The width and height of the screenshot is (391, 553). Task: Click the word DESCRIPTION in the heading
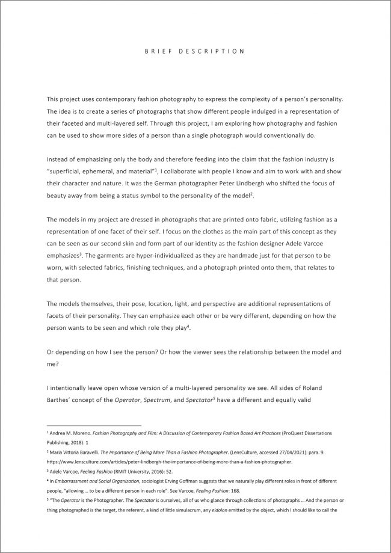point(215,52)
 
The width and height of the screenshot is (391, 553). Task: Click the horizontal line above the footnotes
point(93,425)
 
